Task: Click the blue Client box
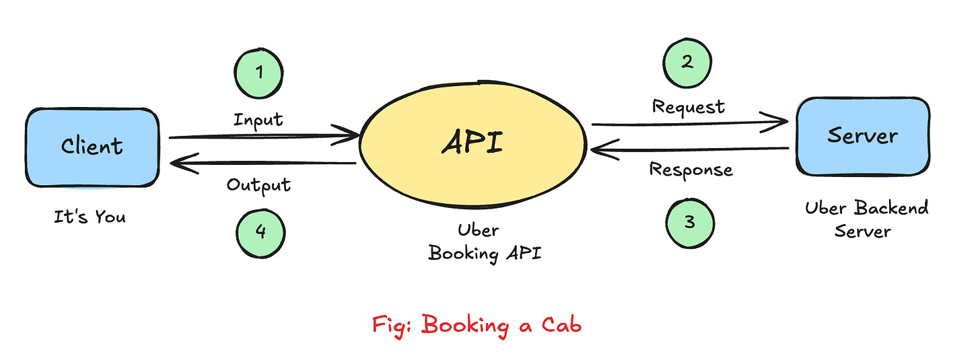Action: coord(92,147)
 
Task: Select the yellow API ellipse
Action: coord(473,143)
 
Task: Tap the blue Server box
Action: coord(862,136)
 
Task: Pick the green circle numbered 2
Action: coord(687,63)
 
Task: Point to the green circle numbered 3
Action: coord(690,222)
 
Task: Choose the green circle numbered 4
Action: coord(260,231)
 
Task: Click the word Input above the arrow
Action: coord(258,120)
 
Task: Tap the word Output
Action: coord(258,184)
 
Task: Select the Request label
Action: coord(689,106)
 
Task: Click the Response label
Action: coord(691,169)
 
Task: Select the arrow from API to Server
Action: coord(689,123)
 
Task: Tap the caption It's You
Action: coord(90,217)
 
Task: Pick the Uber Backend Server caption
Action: coord(866,219)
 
